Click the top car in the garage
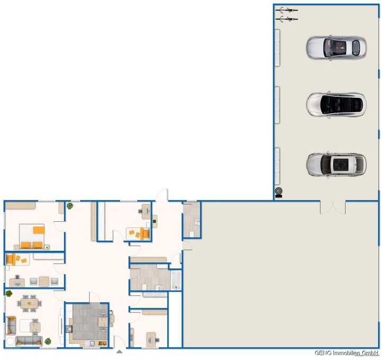tap(336, 47)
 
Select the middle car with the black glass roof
tap(336, 104)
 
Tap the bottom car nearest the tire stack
tap(336, 164)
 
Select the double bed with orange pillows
tap(32, 236)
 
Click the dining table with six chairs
tap(29, 303)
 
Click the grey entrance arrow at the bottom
tap(119, 350)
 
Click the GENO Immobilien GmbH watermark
tap(348, 353)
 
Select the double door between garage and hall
tap(332, 207)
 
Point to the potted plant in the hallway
tap(69, 206)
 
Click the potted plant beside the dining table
tap(8, 293)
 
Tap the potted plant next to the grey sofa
tap(48, 341)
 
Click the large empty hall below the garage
tap(281, 275)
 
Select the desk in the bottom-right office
tap(152, 337)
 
